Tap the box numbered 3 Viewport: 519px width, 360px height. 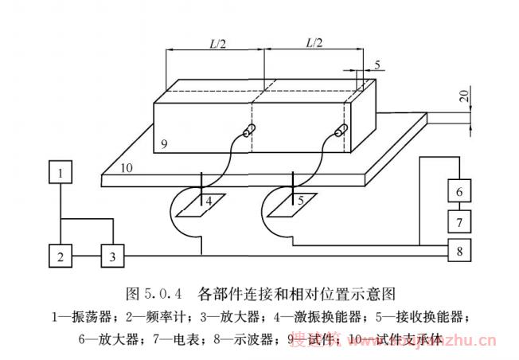click(113, 256)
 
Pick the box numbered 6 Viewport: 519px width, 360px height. click(459, 192)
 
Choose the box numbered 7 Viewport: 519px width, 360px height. click(459, 219)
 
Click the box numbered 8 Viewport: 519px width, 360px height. click(459, 251)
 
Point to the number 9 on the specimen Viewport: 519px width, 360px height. click(162, 144)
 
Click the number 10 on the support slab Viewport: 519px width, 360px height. click(126, 168)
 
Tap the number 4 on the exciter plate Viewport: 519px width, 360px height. click(209, 201)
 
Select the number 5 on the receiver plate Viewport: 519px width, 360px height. click(300, 201)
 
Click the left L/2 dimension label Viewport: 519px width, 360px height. click(214, 44)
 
